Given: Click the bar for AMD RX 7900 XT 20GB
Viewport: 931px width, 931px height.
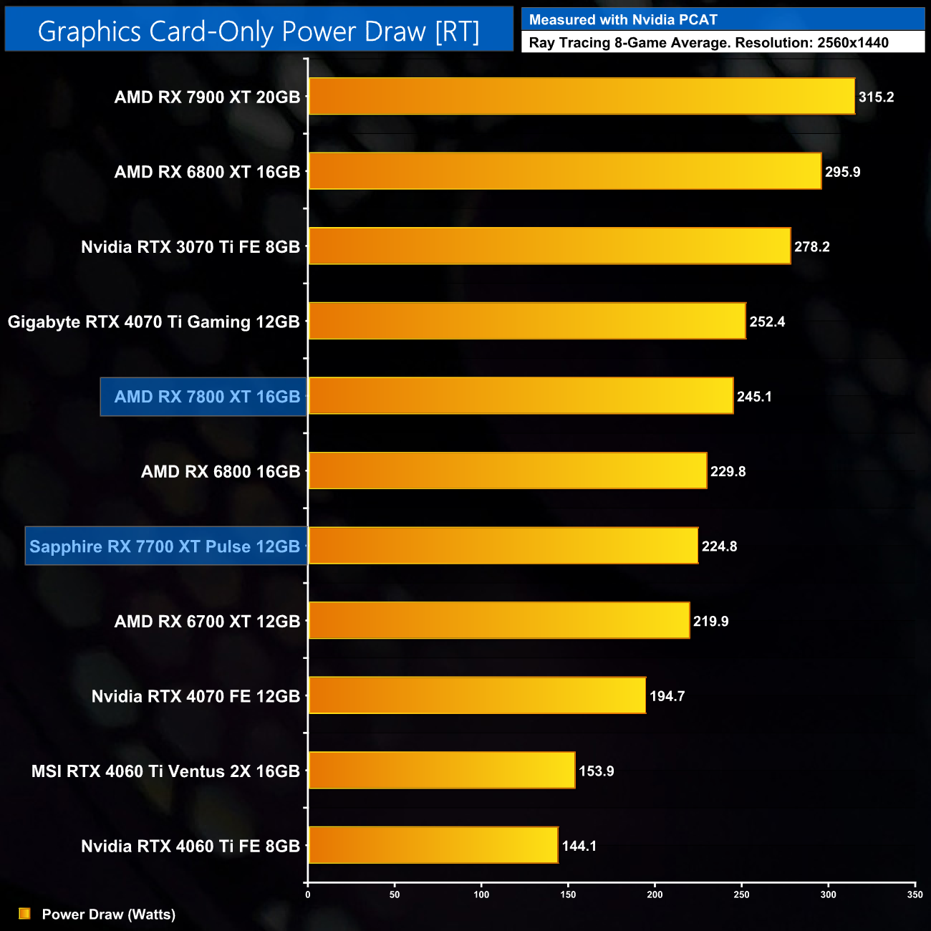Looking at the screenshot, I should coord(582,96).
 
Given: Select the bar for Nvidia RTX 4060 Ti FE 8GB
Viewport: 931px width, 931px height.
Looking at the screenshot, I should coord(433,845).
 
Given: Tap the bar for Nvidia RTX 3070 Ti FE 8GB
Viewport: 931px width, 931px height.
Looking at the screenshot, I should coord(549,246).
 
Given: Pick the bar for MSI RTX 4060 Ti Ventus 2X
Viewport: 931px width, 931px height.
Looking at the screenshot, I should coord(442,771).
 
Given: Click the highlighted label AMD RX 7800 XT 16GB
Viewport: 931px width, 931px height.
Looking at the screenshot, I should coord(207,397).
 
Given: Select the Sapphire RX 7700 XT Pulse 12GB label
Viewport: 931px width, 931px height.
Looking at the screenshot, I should coord(165,546).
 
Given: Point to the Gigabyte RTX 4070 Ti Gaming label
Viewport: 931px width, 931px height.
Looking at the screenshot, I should coord(153,322).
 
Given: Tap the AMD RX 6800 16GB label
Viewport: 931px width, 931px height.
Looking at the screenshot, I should coord(221,471).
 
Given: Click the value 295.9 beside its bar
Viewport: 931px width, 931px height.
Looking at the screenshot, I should coord(842,172).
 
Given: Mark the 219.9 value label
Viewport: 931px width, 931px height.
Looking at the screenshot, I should coord(710,621).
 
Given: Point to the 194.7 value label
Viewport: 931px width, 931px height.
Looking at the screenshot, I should coord(667,696).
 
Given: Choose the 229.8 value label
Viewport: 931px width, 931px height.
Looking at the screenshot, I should coord(728,471).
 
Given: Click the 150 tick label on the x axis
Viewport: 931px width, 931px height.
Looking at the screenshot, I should coord(568,894).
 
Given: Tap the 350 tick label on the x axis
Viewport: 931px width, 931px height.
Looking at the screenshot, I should coord(915,894).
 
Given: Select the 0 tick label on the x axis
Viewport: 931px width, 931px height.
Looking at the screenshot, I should coord(308,894).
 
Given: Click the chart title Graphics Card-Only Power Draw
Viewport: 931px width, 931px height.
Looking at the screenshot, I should coord(259,31).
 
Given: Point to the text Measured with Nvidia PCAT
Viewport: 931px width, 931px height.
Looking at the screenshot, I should coord(623,20).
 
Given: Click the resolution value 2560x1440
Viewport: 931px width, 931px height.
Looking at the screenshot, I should coord(852,43).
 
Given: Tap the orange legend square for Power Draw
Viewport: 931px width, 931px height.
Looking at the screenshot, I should coord(24,914).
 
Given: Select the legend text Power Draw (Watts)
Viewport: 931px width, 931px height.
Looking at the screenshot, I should coord(109,914).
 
